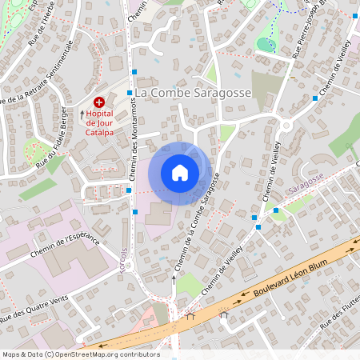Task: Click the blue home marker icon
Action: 180,172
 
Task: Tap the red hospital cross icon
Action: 99,102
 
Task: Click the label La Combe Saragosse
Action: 193,94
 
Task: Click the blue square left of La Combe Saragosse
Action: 129,93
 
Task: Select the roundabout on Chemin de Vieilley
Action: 285,124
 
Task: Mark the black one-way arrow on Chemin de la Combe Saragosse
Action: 173,280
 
